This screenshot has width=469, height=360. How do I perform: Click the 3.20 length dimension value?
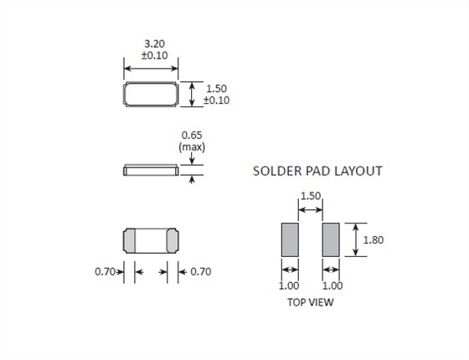pos(154,44)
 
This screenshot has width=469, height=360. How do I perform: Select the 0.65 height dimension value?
pos(192,135)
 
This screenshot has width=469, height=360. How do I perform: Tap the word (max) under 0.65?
pos(192,147)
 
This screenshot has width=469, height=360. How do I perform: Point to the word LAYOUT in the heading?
pos(358,171)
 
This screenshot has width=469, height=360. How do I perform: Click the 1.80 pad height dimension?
pos(374,239)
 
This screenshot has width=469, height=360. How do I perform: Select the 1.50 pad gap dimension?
pos(311,196)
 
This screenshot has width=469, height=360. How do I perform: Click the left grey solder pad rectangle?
pos(290,239)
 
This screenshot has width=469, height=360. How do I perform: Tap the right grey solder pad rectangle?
pos(331,239)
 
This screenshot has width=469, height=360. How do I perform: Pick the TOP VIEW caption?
pos(311,302)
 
